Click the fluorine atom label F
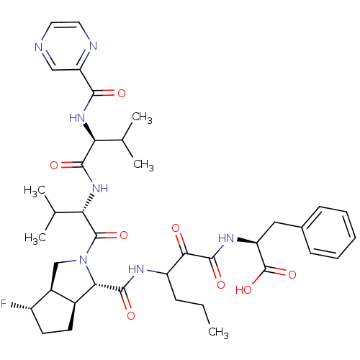tap(4, 303)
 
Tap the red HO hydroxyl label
tap(243, 289)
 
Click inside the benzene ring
tap(329, 233)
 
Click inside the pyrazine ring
tap(66, 46)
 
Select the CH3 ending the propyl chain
tap(218, 333)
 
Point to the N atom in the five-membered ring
tap(83, 259)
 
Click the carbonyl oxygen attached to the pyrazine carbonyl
tap(122, 93)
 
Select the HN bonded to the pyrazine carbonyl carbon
tap(77, 118)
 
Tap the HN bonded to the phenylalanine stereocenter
tap(226, 238)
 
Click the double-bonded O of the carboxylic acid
tap(292, 274)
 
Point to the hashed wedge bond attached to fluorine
tap(21, 307)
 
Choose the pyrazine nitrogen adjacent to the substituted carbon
tap(93, 46)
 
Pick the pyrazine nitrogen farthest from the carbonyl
tap(38, 48)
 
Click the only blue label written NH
tap(100, 189)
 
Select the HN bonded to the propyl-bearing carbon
tap(136, 269)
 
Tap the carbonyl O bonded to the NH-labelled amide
tap(54, 166)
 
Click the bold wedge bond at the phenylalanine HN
tap(247, 241)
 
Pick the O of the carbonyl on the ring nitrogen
tap(124, 235)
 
